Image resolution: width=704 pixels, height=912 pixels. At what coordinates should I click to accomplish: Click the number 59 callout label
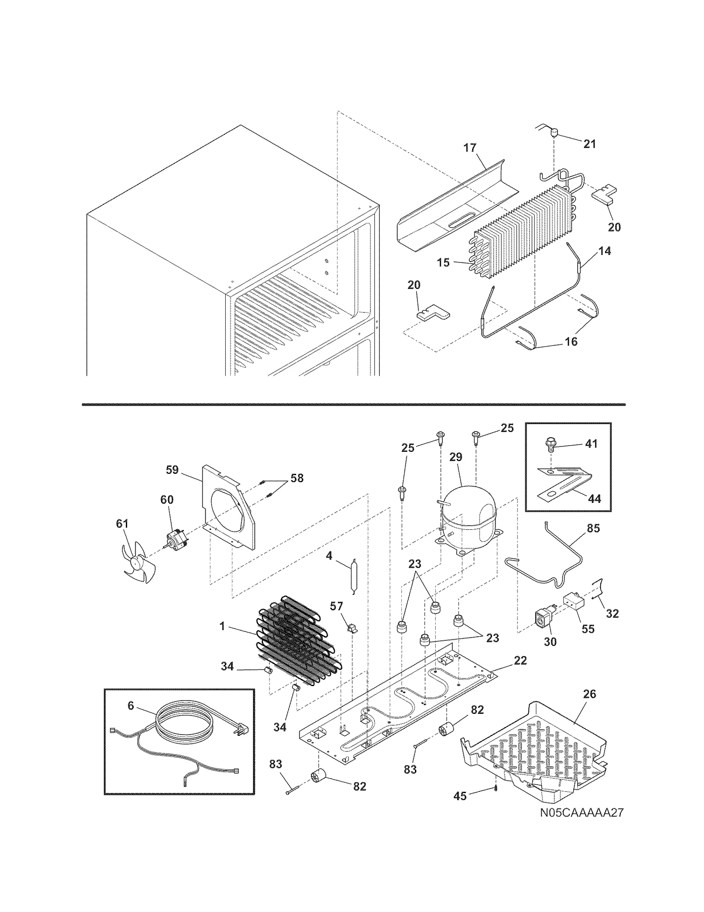tap(172, 470)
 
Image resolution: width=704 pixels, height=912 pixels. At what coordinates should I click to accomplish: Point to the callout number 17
tap(470, 148)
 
